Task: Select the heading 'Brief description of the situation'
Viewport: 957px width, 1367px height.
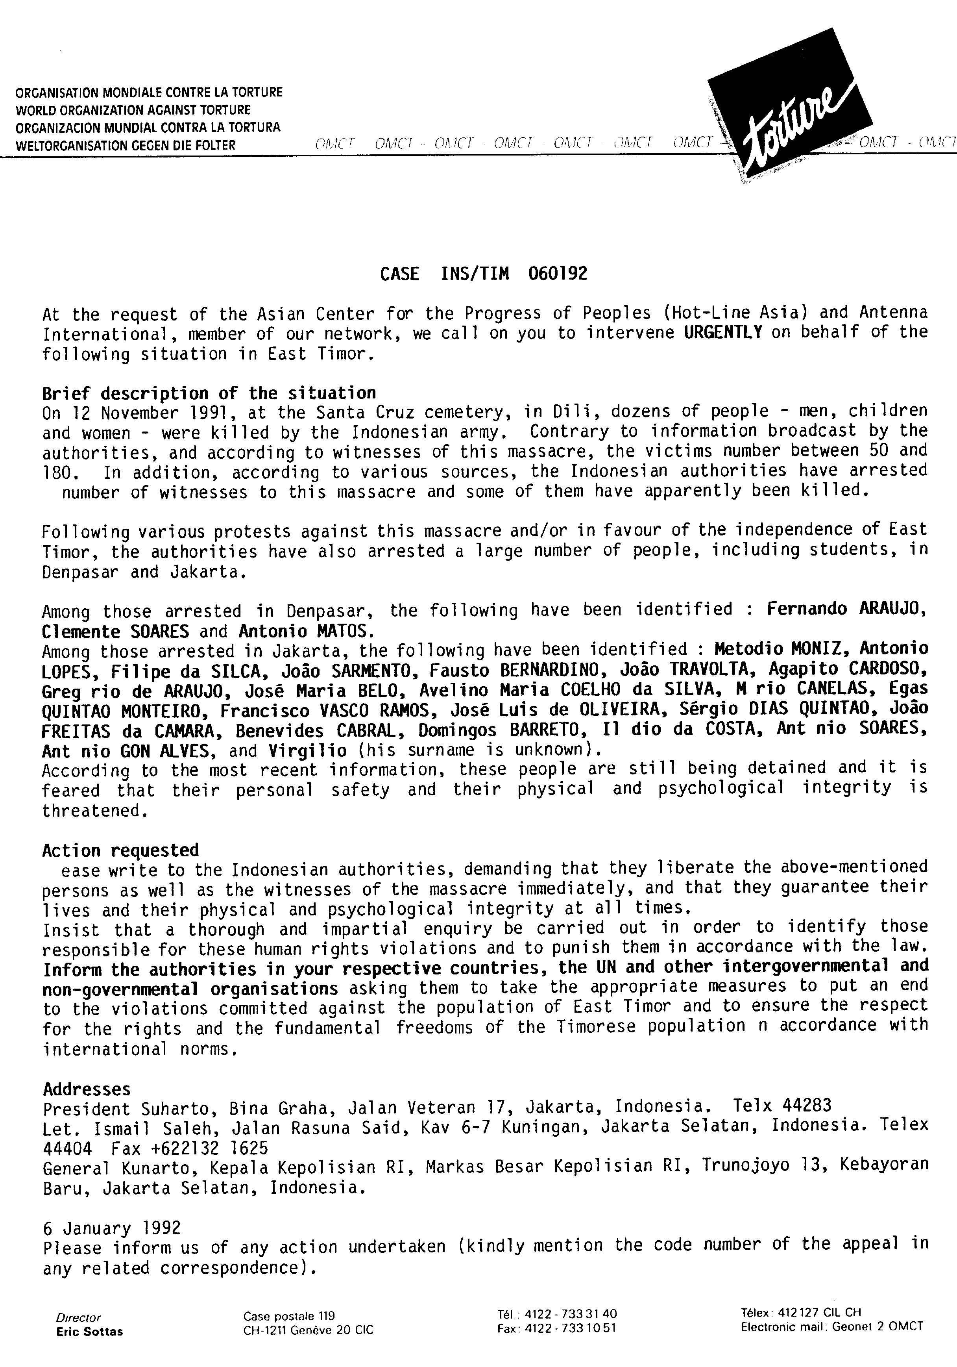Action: (209, 394)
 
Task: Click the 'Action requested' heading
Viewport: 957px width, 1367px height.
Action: (120, 850)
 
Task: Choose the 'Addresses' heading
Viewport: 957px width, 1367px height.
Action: (87, 1089)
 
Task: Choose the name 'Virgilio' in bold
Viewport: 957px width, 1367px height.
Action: (308, 750)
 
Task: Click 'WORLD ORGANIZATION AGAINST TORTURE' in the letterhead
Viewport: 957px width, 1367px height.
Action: (133, 110)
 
